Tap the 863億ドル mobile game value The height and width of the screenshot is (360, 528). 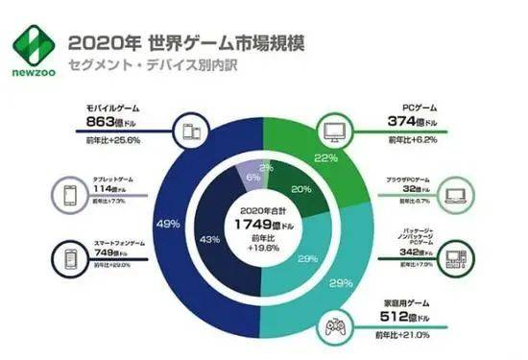point(104,123)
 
